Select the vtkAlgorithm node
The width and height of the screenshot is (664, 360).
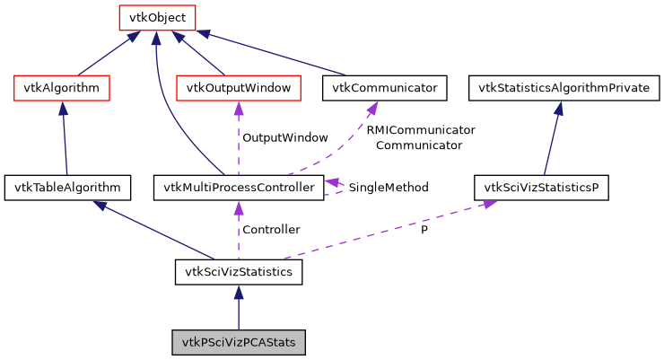click(x=62, y=88)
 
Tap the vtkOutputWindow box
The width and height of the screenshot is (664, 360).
click(x=238, y=88)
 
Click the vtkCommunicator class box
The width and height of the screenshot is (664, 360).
click(x=384, y=88)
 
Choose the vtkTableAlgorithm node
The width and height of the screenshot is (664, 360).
click(x=67, y=188)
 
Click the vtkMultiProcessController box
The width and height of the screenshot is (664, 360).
click(x=238, y=188)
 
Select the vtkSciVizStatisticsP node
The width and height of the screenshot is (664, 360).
click(x=542, y=188)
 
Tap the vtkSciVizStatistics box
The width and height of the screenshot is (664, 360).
click(x=238, y=271)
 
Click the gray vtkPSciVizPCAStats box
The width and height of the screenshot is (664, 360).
click(x=239, y=342)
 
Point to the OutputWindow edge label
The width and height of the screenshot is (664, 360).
click(x=285, y=138)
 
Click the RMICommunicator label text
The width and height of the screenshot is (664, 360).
click(x=420, y=130)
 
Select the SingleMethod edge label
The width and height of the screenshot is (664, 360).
click(x=388, y=188)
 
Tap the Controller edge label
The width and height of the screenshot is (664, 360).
click(x=271, y=230)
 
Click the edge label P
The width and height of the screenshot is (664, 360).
click(x=424, y=230)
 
